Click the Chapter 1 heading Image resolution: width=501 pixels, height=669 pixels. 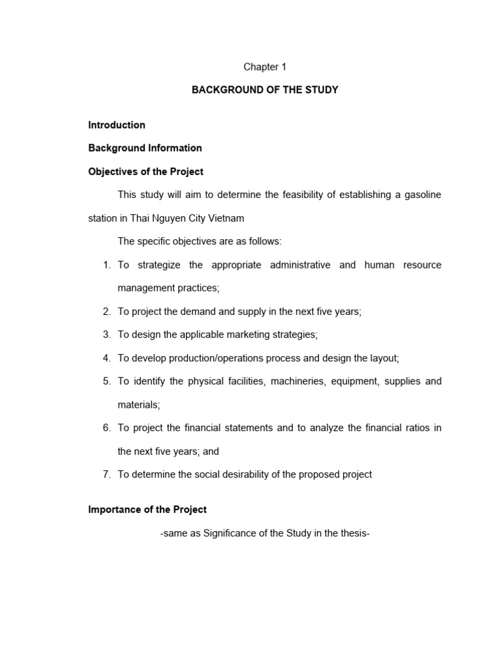click(265, 67)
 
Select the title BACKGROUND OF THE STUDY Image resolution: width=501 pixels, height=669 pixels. click(265, 90)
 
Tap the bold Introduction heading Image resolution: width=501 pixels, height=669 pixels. click(117, 125)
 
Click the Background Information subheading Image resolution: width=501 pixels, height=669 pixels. click(145, 148)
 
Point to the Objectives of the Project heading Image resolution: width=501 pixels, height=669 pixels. click(145, 172)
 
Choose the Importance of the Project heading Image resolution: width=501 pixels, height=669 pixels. click(147, 510)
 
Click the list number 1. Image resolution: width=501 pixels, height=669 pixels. click(106, 265)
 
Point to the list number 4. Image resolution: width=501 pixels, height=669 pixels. click(106, 358)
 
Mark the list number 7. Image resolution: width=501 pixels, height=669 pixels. click(106, 474)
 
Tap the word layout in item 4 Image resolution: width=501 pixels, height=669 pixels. click(384, 358)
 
